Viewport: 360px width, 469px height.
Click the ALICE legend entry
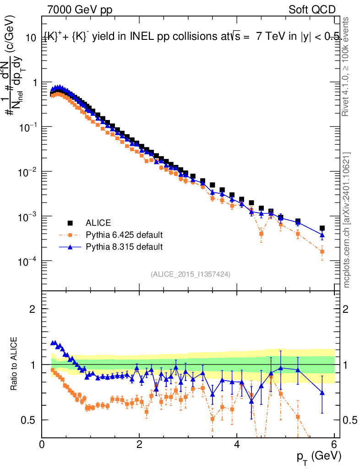pyautogui.click(x=98, y=223)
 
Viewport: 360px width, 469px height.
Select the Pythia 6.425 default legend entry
pyautogui.click(x=124, y=235)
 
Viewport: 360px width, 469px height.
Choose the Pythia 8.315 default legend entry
pyautogui.click(x=124, y=247)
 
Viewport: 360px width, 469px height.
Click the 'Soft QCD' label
pyautogui.click(x=312, y=10)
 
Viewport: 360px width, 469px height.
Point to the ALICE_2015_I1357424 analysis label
pyautogui.click(x=190, y=274)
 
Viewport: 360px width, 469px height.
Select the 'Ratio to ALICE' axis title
pyautogui.click(x=15, y=364)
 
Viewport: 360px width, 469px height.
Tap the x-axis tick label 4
pyautogui.click(x=237, y=444)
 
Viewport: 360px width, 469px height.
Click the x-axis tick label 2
pyautogui.click(x=139, y=444)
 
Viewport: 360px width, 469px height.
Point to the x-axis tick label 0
pyautogui.click(x=42, y=444)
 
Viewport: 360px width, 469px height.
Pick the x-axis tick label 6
pyautogui.click(x=334, y=444)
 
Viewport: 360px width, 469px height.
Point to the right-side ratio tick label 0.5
pyautogui.click(x=349, y=420)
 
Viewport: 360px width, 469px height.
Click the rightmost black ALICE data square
pyautogui.click(x=322, y=228)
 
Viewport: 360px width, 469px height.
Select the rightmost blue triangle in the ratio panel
pyautogui.click(x=322, y=393)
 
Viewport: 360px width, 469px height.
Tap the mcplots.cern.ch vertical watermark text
pyautogui.click(x=347, y=220)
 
